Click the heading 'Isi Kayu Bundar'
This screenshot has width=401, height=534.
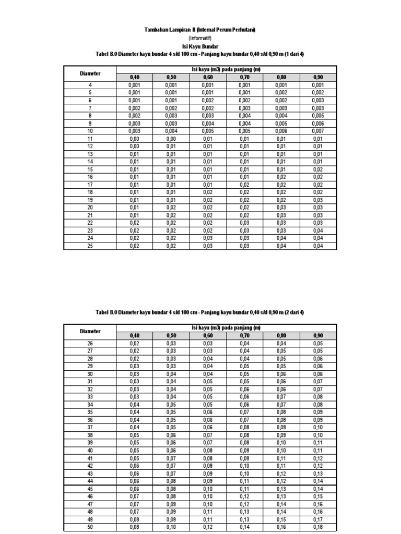200,46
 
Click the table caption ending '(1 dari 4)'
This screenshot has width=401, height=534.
200,54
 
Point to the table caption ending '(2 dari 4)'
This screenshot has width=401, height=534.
200,312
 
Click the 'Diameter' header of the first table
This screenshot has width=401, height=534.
90,74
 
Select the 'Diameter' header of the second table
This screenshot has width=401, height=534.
90,331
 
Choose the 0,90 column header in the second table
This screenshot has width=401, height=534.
318,335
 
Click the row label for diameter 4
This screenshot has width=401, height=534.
90,85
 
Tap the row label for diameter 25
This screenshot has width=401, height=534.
90,246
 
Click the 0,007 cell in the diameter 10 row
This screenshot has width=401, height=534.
318,131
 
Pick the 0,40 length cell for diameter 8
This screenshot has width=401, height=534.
134,115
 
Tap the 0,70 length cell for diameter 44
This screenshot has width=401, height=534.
244,481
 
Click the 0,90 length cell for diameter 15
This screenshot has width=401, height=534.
318,169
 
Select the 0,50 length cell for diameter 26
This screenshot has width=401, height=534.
171,343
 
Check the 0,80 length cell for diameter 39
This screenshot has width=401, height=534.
281,442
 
